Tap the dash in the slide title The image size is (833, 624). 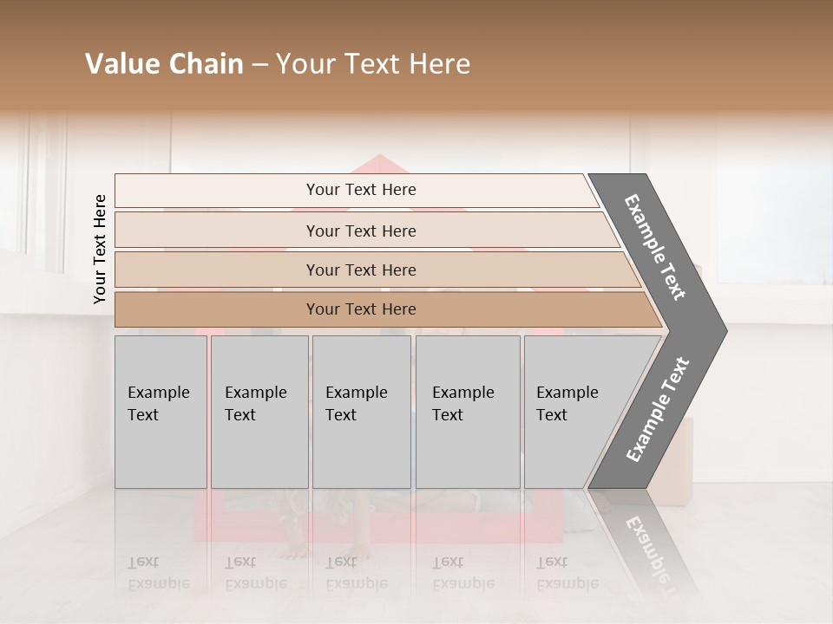point(259,65)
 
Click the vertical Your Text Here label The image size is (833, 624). point(100,249)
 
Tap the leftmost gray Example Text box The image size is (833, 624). point(161,412)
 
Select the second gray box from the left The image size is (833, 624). point(259,412)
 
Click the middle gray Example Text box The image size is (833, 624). point(361,412)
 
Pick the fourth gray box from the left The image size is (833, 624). point(468,412)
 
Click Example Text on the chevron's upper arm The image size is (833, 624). point(655,247)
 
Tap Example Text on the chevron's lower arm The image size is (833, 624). point(657,410)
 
